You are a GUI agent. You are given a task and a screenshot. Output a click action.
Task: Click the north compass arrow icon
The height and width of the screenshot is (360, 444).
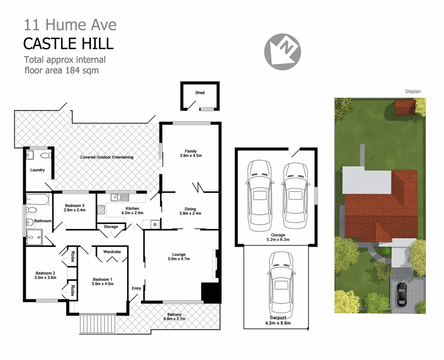coord(283,52)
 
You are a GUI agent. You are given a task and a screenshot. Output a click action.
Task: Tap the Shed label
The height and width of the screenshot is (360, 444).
coord(200,93)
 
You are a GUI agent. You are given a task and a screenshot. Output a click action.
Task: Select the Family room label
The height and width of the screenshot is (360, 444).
coord(191,151)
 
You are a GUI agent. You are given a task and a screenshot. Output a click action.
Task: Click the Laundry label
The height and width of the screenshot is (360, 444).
coord(37,170)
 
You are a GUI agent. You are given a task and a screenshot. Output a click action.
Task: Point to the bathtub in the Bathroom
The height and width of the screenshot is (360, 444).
coord(38,200)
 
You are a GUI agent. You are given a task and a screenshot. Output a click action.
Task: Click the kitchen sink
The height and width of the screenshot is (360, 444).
coord(120,197)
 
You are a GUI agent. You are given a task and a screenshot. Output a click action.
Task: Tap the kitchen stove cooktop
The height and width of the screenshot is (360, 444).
coord(101,210)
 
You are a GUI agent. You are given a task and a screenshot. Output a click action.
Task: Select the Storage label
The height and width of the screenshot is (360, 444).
coord(111,227)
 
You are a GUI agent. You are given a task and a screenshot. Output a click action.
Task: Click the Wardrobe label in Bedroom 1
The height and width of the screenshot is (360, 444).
coord(112,252)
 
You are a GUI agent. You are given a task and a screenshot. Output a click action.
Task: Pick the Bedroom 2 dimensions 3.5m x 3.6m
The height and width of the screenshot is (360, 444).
coord(45,277)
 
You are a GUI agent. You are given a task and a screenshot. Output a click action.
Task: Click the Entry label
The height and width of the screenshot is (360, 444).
coord(136,288)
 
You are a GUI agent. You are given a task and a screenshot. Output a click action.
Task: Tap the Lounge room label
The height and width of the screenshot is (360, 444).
coord(179,254)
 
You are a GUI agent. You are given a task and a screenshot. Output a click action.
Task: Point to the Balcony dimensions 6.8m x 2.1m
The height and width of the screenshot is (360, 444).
coord(174,319)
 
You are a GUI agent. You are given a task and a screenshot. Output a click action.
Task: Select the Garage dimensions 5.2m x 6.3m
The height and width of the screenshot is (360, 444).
coord(278,239)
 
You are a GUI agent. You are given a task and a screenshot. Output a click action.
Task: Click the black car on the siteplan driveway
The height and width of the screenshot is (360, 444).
coord(402,294)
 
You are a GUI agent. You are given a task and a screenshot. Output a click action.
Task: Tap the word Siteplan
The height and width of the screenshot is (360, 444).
coord(413,91)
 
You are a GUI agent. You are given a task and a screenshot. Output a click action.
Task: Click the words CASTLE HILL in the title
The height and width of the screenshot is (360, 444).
coord(68,44)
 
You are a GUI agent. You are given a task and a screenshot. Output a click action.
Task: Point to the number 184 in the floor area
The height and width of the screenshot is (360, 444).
coord(72,70)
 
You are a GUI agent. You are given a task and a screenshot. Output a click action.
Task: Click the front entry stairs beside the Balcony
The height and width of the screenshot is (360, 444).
coord(97,323)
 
